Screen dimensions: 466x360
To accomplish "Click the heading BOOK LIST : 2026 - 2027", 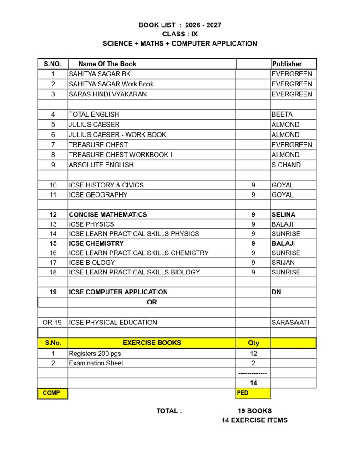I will tap(180, 25).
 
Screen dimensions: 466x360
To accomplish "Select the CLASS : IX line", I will tap(180, 34).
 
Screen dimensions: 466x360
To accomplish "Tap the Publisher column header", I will tap(287, 64).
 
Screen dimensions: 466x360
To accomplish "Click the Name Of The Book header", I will tap(107, 64).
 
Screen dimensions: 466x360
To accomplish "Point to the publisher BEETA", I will tap(282, 114).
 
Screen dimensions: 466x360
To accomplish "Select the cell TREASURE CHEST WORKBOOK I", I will tap(120, 155).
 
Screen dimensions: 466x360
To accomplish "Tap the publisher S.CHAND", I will tap(286, 165).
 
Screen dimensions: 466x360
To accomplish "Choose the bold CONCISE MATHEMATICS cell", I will tap(108, 214).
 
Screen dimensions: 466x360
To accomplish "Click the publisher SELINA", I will tap(283, 214).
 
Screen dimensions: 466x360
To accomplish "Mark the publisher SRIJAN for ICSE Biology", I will tap(283, 263).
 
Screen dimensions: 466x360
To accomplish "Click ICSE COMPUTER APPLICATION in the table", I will tap(118, 292).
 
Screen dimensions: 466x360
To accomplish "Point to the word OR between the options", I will tap(152, 302).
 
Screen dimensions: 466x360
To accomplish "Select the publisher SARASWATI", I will tap(290, 323).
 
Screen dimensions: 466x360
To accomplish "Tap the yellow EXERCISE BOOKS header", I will tap(152, 343).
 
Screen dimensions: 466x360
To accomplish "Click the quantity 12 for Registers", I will tap(254, 354).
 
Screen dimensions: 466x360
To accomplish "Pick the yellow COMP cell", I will tap(51, 393).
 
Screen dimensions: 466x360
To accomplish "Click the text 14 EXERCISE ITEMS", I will tap(254, 420).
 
